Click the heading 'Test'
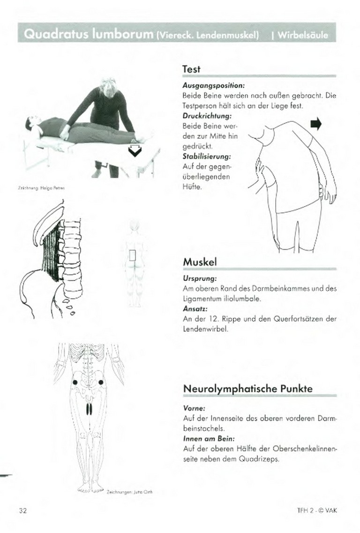(191, 69)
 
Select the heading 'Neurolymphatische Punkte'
(247, 389)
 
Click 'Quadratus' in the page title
(54, 34)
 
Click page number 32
(23, 510)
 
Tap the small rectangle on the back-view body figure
(133, 256)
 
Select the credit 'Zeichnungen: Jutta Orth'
(130, 492)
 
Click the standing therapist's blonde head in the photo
(109, 85)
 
